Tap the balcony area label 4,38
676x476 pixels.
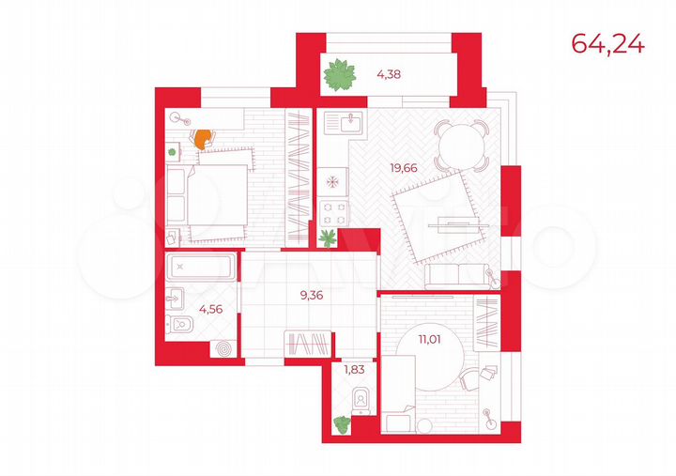point(390,73)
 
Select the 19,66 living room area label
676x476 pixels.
point(407,169)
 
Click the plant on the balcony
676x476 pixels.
point(342,75)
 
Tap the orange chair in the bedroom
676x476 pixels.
point(202,138)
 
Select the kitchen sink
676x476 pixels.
point(354,121)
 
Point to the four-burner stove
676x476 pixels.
point(331,212)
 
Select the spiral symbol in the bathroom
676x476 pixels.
point(223,347)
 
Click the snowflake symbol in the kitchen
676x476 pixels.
point(331,179)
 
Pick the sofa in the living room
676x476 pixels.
point(455,275)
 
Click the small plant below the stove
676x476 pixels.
point(328,238)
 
